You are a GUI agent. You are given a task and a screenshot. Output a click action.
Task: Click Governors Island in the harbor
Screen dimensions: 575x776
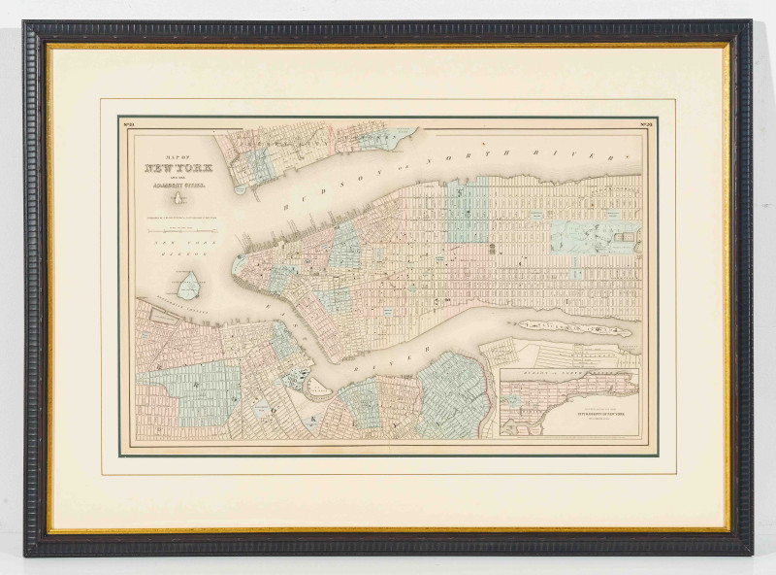coord(190,284)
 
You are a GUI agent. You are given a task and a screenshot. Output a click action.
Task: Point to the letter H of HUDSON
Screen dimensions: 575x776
coord(287,205)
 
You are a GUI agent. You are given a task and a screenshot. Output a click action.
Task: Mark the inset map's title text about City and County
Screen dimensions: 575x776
coord(564,420)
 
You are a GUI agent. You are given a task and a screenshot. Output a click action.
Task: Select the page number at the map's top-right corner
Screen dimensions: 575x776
coord(646,123)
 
